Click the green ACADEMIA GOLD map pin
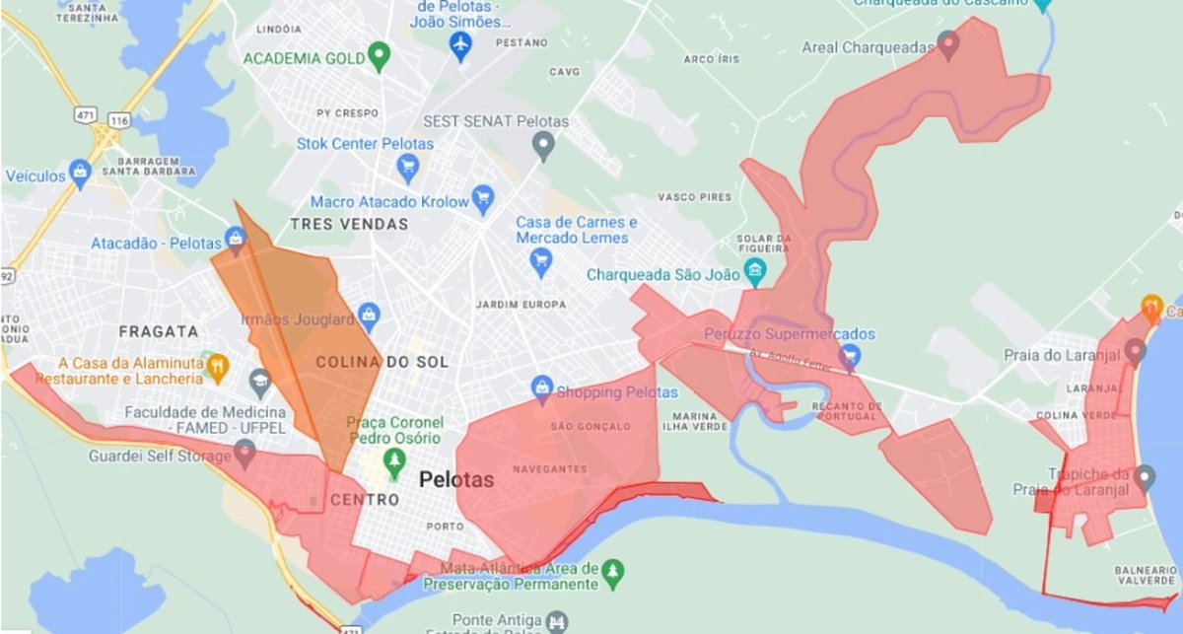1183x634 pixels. click(378, 56)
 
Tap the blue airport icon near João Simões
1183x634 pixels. click(459, 45)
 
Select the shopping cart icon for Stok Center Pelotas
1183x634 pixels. click(406, 170)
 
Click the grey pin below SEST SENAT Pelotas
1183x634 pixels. click(541, 147)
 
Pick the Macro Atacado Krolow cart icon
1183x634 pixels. click(482, 201)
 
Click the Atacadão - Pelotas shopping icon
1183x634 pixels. click(236, 239)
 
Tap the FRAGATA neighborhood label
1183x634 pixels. click(159, 332)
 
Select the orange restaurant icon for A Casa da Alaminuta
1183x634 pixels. click(219, 368)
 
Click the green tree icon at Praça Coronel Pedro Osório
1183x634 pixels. click(394, 459)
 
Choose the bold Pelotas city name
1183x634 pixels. click(456, 480)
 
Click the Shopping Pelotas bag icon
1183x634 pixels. click(541, 388)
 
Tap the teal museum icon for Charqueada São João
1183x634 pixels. click(756, 272)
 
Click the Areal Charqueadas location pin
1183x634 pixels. click(948, 44)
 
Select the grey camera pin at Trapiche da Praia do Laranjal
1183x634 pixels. click(1145, 479)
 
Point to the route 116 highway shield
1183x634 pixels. click(119, 119)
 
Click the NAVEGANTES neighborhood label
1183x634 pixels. click(548, 468)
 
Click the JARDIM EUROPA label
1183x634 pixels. click(521, 304)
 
